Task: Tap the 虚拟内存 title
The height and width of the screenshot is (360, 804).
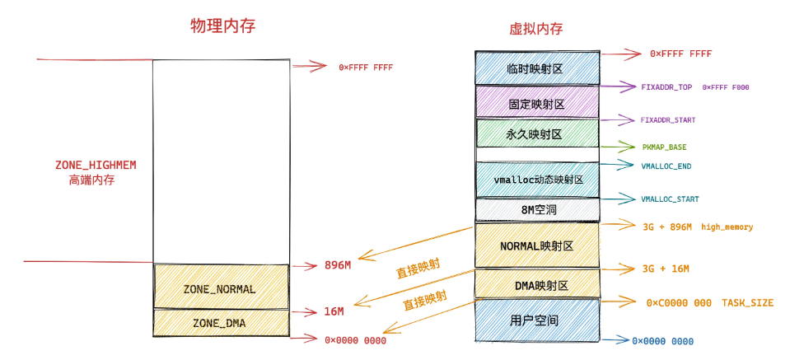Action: pos(536,29)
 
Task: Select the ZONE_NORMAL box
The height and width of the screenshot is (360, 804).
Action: pos(220,289)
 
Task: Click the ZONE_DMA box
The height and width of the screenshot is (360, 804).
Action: pos(220,322)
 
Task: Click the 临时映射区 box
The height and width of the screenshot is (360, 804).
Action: pos(535,69)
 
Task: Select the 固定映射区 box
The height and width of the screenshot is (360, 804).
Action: pos(536,104)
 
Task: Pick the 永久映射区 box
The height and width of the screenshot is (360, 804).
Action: pos(536,133)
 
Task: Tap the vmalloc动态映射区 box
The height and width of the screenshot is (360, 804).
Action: pos(536,179)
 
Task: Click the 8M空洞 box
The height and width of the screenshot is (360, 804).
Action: pos(536,210)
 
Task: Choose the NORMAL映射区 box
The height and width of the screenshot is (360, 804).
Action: pos(536,245)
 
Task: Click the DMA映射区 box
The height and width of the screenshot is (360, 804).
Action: pos(536,285)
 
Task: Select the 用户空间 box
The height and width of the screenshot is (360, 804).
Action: pos(536,320)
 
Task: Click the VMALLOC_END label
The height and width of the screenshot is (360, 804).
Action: pos(666,165)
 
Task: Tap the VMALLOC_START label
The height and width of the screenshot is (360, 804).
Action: pos(670,199)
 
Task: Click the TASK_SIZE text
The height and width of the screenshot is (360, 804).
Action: pos(748,303)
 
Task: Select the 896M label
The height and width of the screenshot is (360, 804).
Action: pos(337,265)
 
